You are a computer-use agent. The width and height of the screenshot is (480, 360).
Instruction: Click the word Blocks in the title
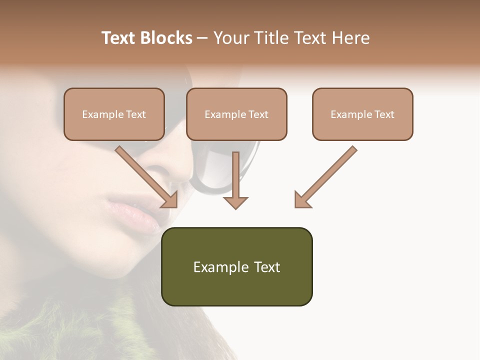[x=166, y=38]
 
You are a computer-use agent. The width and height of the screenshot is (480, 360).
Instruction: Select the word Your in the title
[x=229, y=38]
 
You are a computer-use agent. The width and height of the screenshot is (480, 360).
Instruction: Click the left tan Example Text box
[x=114, y=114]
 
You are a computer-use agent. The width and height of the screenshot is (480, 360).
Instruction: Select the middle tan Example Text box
[x=236, y=114]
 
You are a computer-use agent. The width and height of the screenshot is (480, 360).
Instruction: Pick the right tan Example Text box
[x=362, y=114]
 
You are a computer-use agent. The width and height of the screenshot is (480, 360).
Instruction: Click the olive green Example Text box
[x=236, y=266]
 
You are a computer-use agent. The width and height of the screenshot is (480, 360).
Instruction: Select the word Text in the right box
[x=384, y=114]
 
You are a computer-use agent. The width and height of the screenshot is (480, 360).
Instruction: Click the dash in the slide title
[x=202, y=38]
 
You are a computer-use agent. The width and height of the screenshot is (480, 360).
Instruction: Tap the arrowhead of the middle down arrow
[x=235, y=202]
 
